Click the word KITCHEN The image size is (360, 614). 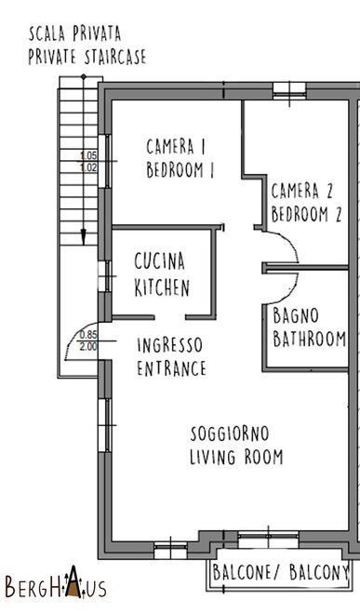pyautogui.click(x=162, y=287)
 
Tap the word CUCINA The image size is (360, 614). pyautogui.click(x=159, y=261)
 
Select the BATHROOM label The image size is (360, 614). pyautogui.click(x=310, y=340)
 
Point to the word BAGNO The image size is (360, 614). pyautogui.click(x=296, y=315)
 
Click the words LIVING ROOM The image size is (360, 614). pyautogui.click(x=236, y=457)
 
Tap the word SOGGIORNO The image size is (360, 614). pyautogui.click(x=230, y=434)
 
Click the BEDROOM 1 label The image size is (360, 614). pyautogui.click(x=180, y=170)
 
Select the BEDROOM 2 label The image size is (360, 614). pyautogui.click(x=306, y=214)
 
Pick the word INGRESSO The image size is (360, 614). pyautogui.click(x=169, y=345)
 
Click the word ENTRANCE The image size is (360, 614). pyautogui.click(x=171, y=368)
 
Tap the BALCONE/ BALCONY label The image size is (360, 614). pyautogui.click(x=281, y=572)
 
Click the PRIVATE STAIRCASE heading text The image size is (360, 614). pyautogui.click(x=87, y=57)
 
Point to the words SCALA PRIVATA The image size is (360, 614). pyautogui.click(x=74, y=34)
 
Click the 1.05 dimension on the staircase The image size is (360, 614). pyautogui.click(x=88, y=156)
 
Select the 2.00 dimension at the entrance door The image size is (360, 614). pyautogui.click(x=88, y=347)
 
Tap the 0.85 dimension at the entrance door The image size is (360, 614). pyautogui.click(x=88, y=335)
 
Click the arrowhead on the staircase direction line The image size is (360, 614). pyautogui.click(x=84, y=237)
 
